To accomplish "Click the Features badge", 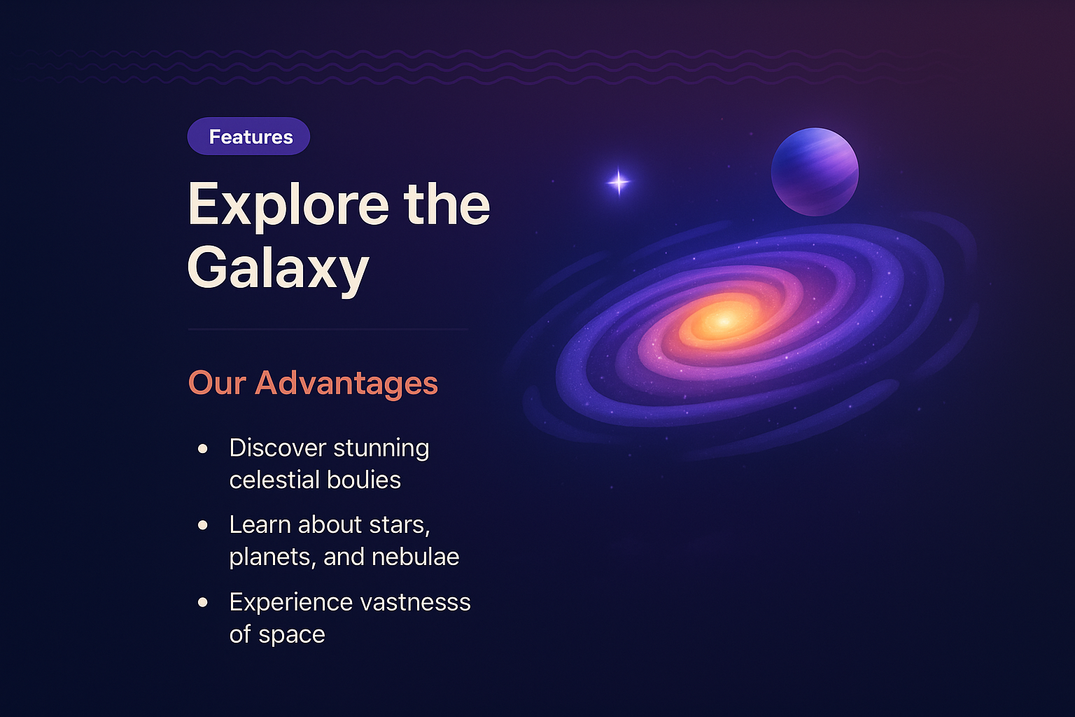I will [x=248, y=137].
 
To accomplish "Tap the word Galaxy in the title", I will [x=278, y=268].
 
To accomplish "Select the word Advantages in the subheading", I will [x=346, y=383].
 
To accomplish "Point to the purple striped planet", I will [x=815, y=172].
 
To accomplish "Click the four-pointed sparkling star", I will [x=619, y=182].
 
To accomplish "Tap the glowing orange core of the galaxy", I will [x=723, y=321].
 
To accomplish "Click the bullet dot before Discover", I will [x=203, y=448].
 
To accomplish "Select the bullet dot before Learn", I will [x=203, y=524].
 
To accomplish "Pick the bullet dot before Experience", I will [x=203, y=601].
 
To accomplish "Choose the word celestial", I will [x=274, y=480].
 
